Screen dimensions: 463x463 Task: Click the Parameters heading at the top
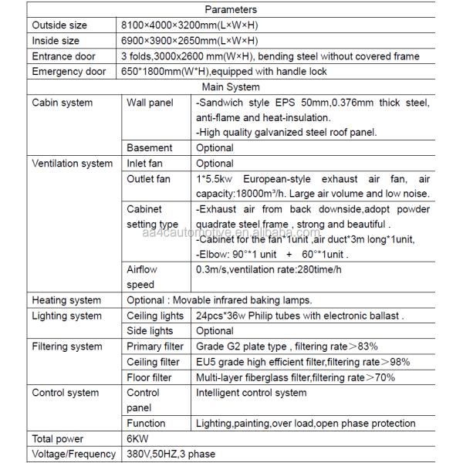(x=231, y=10)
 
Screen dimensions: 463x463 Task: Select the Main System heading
(x=231, y=87)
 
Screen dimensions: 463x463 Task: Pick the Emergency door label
(x=68, y=72)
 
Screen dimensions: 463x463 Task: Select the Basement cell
(x=150, y=147)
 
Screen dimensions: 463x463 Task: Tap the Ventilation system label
(x=73, y=163)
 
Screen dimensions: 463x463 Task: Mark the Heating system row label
(x=66, y=299)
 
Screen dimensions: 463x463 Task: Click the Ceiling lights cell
(x=155, y=315)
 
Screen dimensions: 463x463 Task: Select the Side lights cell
(x=150, y=330)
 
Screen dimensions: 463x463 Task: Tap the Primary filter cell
(x=155, y=346)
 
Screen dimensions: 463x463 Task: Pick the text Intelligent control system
(x=251, y=392)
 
